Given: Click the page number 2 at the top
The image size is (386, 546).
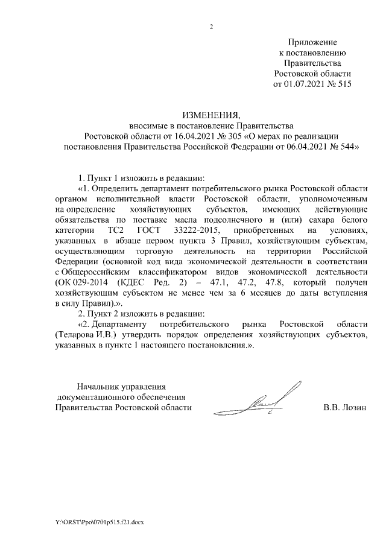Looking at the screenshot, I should click(212, 27).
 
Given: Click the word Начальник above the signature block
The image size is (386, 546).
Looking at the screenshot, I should click(95, 386).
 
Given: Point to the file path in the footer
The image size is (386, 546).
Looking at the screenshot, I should click(99, 521).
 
